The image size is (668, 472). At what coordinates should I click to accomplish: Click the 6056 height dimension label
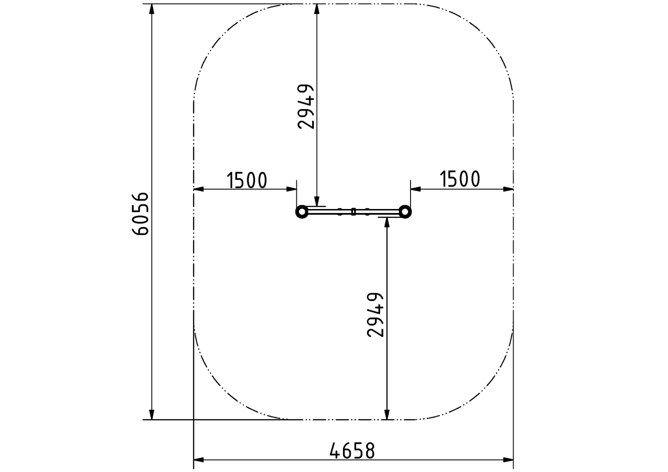point(140,214)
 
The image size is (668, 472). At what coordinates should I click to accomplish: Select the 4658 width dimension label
point(352,451)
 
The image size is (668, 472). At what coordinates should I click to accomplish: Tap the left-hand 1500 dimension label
point(246,180)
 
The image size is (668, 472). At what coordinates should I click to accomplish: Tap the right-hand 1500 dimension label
point(460,179)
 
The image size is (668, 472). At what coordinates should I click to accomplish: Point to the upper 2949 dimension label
point(306,107)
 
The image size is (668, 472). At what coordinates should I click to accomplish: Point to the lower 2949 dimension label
point(375,315)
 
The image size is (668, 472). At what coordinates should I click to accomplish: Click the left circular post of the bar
point(301,212)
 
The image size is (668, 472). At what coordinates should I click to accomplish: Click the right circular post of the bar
point(405,212)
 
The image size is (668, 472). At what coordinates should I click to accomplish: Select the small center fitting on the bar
point(353,212)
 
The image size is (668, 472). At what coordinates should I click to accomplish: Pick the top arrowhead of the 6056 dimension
point(152,9)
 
